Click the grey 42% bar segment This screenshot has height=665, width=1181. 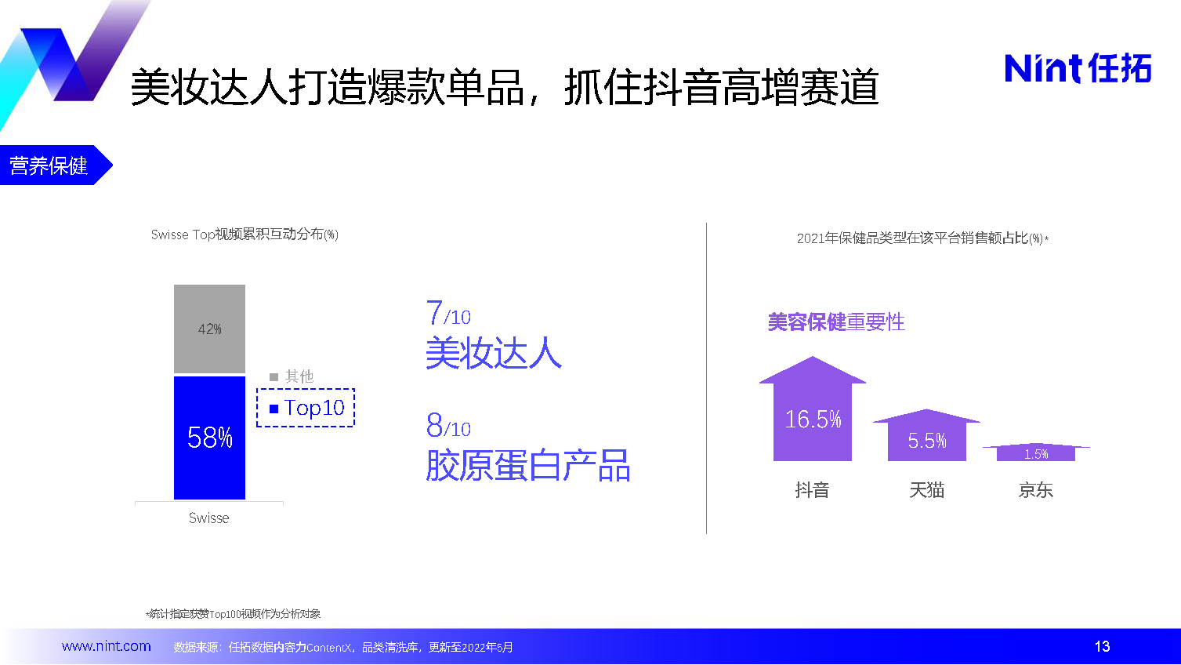pos(209,329)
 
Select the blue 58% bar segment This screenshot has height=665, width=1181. pos(209,438)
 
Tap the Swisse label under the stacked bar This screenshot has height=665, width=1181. pos(208,518)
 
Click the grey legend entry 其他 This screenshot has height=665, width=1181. pos(292,376)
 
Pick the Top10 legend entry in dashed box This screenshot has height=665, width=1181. pos(306,408)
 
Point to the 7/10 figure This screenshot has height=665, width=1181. pos(448,313)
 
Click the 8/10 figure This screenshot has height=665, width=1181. pos(448,425)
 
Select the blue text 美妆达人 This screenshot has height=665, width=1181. pos(494,353)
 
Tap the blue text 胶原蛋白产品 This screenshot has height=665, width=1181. pos(527,466)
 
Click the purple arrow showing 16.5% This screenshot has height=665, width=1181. pos(813,409)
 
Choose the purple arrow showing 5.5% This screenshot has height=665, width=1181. pos(927,435)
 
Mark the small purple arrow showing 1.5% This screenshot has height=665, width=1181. pos(1036,452)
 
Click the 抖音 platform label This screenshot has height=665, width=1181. pos(812,490)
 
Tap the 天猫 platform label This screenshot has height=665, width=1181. pos(927,490)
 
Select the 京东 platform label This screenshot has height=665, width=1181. pos(1035,490)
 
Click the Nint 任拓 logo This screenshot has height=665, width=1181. pos(1078,68)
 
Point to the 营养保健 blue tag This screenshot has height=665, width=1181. pos(56,165)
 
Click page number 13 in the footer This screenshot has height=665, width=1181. pos(1102,646)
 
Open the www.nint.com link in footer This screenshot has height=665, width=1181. pos(106,646)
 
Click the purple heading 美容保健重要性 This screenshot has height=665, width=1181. pos(836,322)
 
